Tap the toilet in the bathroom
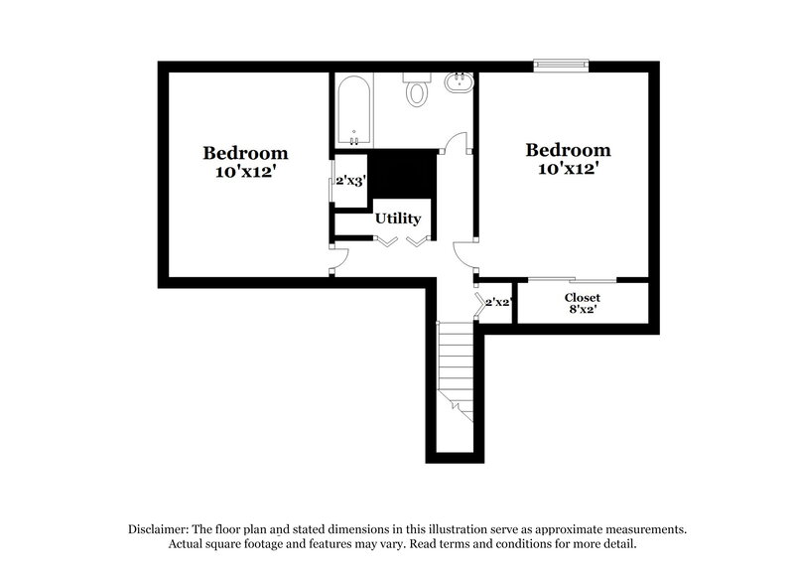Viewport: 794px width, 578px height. point(417,91)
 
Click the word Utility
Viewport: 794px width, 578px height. point(398,218)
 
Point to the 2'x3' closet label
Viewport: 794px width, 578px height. point(350,182)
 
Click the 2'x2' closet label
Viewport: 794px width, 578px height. point(498,302)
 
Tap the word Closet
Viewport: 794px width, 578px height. point(583,297)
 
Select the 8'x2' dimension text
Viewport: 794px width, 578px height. point(583,310)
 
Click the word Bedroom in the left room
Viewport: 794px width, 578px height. point(246,153)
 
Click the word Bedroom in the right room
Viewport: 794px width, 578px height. point(569,150)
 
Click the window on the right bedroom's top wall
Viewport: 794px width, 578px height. point(562,67)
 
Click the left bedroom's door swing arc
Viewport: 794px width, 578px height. point(339,260)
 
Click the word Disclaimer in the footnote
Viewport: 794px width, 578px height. point(162,529)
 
